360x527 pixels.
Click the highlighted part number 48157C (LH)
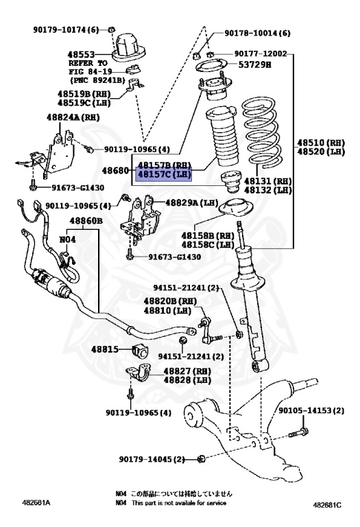point(164,174)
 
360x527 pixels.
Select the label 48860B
point(86,221)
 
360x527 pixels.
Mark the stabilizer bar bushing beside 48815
point(141,351)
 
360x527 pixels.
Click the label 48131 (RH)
point(272,181)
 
